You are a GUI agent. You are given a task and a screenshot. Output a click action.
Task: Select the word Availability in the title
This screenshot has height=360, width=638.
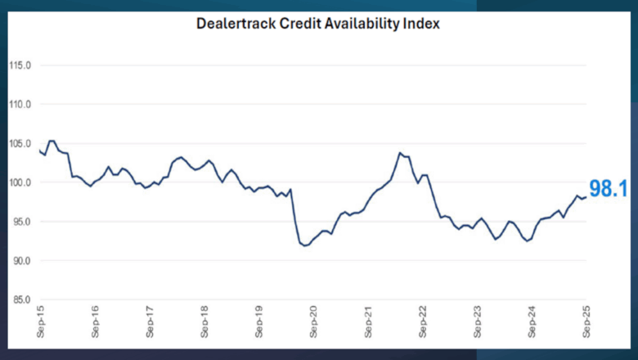tap(366, 24)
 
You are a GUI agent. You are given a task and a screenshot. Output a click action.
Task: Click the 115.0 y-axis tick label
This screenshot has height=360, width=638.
tap(20, 65)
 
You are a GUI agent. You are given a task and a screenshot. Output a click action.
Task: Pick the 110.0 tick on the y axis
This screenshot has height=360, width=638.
tap(20, 105)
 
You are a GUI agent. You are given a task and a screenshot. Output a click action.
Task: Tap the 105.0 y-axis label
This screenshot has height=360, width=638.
tap(20, 143)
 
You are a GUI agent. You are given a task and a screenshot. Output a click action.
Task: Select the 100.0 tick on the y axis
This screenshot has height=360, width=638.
tap(20, 182)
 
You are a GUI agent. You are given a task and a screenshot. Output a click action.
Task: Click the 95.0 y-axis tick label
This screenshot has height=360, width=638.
tap(21, 222)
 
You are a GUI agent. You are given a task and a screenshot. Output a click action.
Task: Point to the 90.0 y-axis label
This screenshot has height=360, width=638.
tap(21, 260)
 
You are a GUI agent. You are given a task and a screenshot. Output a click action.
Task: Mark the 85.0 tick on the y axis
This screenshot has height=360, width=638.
tap(21, 299)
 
